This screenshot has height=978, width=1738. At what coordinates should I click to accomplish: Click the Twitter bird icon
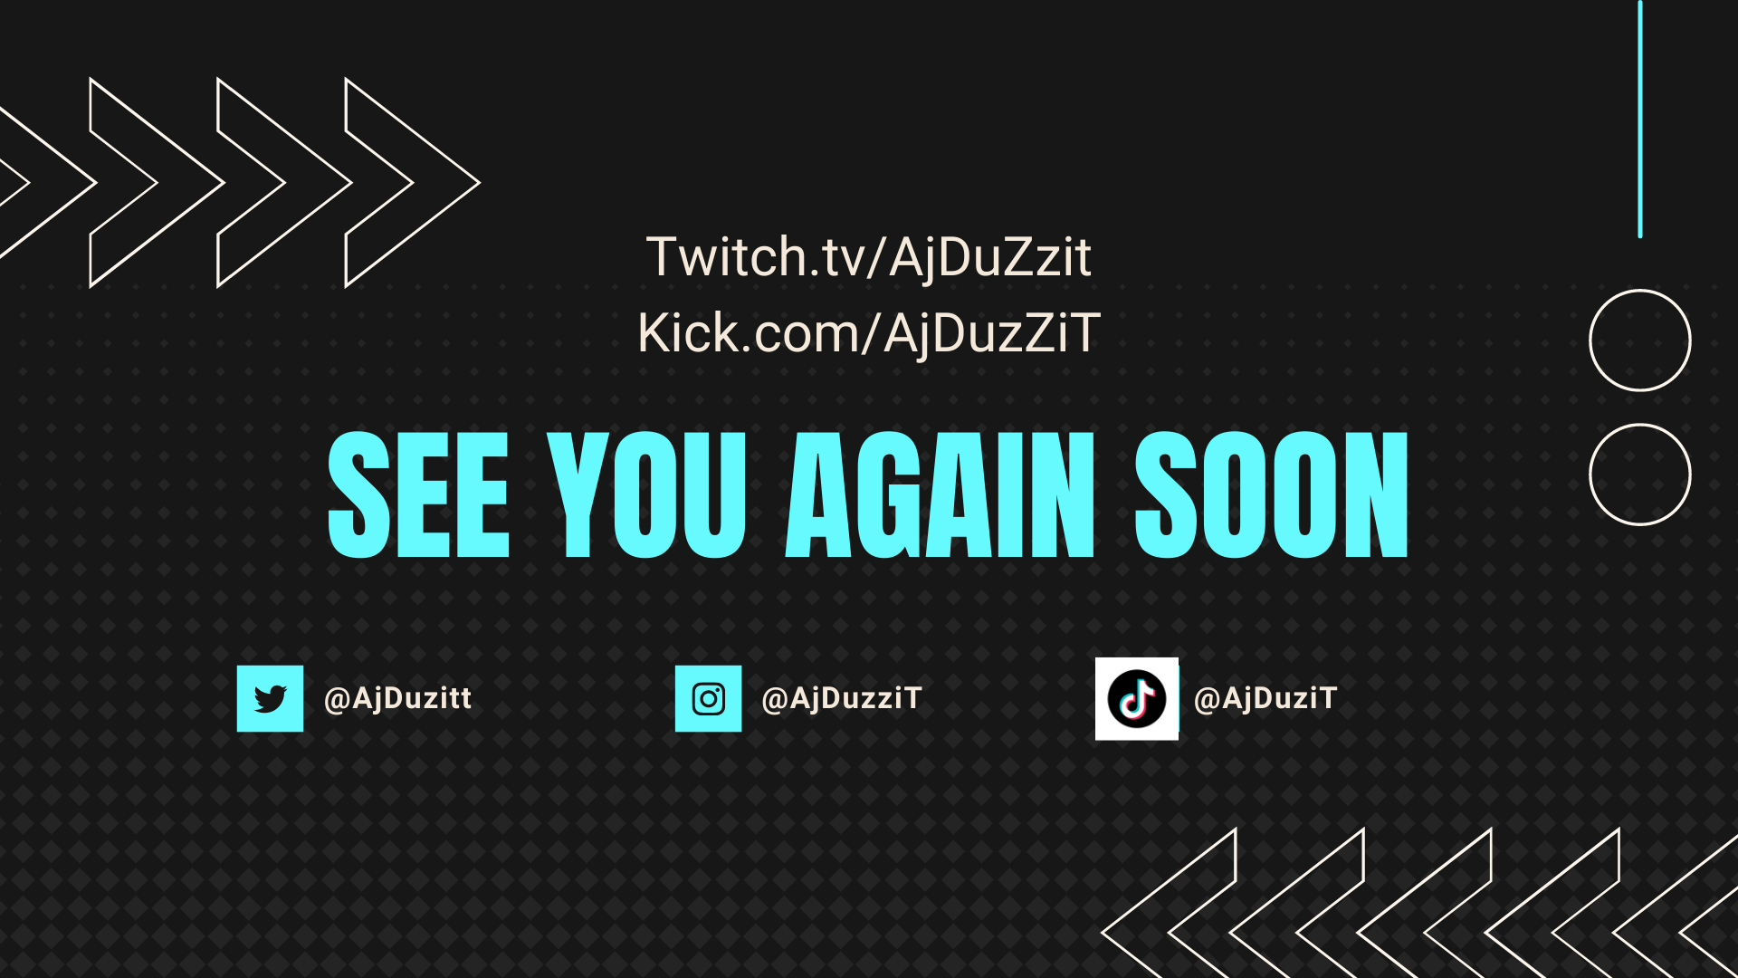tap(270, 698)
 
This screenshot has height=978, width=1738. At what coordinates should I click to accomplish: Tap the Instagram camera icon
tap(708, 698)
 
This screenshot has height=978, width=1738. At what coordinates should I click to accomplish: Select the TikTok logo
tap(1137, 698)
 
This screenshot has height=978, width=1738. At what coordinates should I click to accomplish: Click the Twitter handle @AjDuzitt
tap(397, 698)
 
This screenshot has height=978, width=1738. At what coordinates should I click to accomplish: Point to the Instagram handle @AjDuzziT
tap(842, 698)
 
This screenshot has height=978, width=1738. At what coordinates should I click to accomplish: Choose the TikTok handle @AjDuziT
tap(1265, 698)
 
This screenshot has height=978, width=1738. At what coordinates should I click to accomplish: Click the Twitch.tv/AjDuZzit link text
tap(868, 257)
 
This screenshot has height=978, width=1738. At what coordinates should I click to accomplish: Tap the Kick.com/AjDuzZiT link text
tap(869, 332)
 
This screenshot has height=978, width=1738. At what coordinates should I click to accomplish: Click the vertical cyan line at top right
tap(1639, 119)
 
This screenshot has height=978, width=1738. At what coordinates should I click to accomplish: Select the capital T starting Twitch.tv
tap(663, 256)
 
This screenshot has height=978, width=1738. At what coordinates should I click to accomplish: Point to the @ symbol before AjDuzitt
tap(337, 699)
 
